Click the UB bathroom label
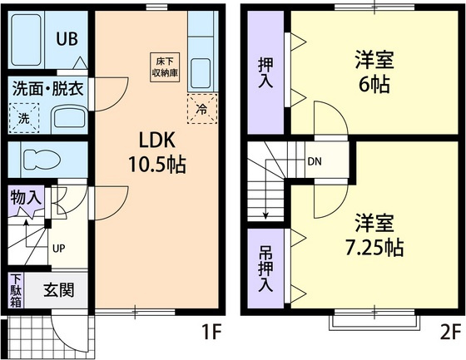[x=67, y=39]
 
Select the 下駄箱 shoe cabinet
[x=16, y=291]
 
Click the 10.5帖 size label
[x=156, y=164]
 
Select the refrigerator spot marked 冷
[x=201, y=108]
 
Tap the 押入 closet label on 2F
[x=265, y=72]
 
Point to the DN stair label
[x=315, y=161]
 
